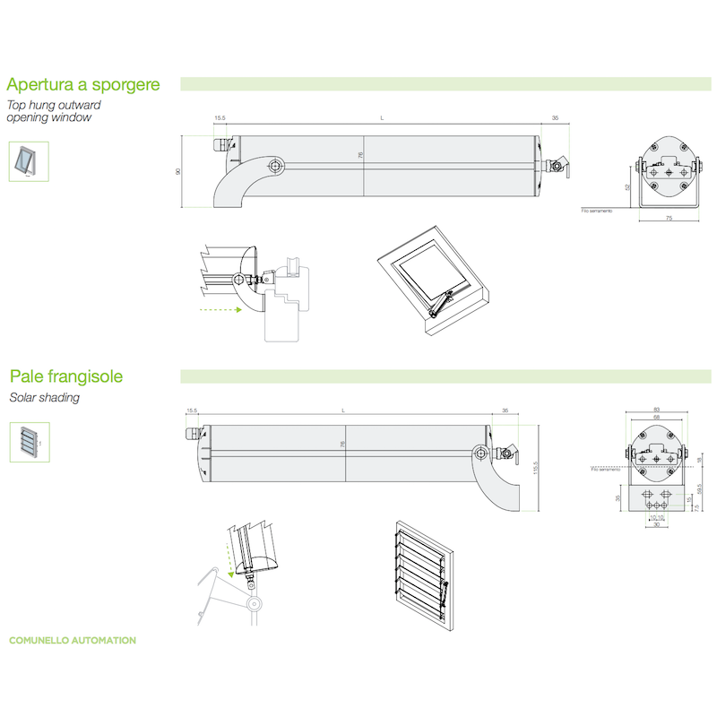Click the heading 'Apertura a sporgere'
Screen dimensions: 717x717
tap(83, 85)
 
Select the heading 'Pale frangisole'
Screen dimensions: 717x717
tap(65, 376)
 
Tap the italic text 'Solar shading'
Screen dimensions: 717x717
tap(44, 398)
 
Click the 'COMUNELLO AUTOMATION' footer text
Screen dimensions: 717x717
tap(73, 641)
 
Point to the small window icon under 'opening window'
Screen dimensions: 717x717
tap(25, 161)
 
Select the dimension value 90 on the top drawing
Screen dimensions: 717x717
tap(178, 171)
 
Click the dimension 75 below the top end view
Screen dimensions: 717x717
tap(669, 219)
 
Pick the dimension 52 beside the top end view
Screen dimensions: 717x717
tap(628, 187)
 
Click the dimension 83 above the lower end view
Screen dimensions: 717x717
tap(657, 410)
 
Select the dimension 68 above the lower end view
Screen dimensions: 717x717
tap(657, 418)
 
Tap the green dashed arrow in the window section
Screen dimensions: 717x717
tap(220, 310)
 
